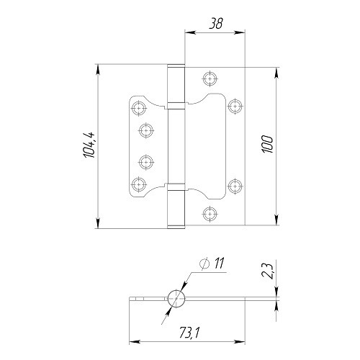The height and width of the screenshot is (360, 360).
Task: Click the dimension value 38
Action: [215, 22]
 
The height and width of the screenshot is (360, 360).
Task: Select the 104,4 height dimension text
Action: [89, 146]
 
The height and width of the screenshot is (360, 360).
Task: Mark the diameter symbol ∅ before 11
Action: [203, 266]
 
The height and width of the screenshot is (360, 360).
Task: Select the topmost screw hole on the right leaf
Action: [210, 78]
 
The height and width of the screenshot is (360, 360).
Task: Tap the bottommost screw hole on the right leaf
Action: [210, 213]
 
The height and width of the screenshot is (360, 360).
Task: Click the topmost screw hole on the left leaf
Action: [139, 109]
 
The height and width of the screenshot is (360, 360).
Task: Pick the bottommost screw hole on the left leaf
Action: [139, 183]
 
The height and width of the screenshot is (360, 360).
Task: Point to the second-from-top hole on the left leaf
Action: [146, 130]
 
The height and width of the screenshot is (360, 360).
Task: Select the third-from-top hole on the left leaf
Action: [146, 161]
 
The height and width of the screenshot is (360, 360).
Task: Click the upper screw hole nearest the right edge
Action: [233, 106]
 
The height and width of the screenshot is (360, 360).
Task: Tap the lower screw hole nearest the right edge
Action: [233, 185]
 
